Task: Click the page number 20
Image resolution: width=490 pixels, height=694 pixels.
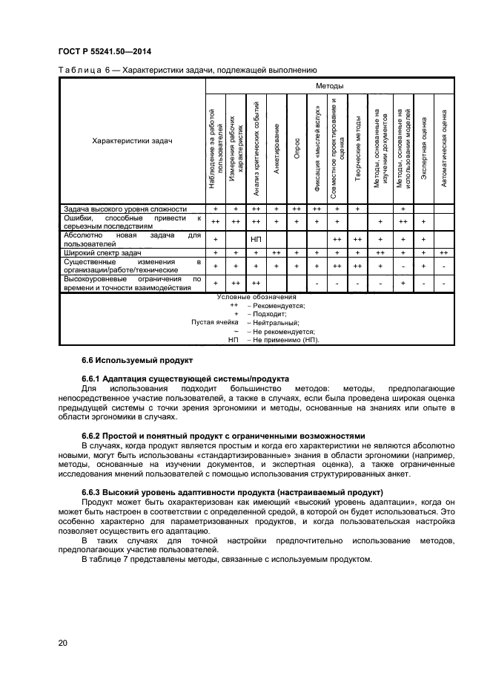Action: point(62,643)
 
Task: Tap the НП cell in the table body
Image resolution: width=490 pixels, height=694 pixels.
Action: point(256,239)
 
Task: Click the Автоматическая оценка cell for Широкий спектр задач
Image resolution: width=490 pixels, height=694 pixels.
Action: point(443,253)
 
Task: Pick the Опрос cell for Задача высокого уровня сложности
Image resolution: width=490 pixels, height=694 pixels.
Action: point(297,209)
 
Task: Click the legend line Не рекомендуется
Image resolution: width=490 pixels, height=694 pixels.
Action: point(284,331)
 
